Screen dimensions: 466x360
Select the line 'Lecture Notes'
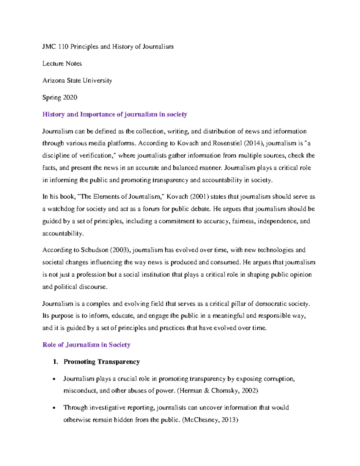click(62, 64)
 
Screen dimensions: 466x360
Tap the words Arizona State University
click(77, 80)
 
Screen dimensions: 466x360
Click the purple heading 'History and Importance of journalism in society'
click(115, 114)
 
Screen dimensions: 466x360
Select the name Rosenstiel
click(227, 143)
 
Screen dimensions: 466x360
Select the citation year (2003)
click(120, 250)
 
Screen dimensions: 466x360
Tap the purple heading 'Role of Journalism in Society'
click(86, 345)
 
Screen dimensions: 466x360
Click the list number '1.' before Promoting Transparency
click(55, 362)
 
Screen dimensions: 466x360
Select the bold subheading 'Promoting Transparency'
click(102, 362)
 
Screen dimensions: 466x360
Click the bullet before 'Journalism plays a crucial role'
click(54, 379)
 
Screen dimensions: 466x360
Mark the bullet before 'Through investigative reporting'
click(54, 408)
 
